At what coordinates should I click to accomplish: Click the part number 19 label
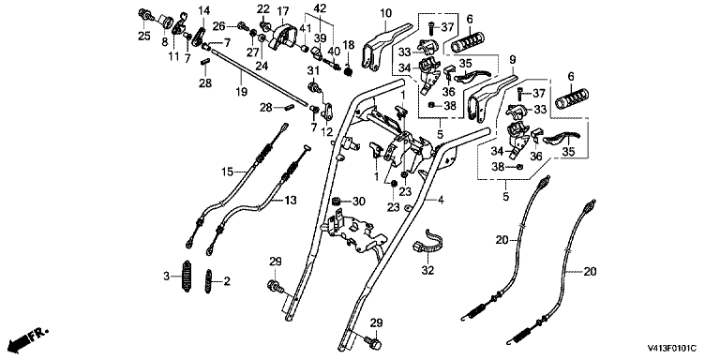point(242,92)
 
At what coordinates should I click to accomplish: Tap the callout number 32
point(427,271)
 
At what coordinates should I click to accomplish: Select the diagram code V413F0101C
point(672,350)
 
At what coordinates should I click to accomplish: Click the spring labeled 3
point(187,275)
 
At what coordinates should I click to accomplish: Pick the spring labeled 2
point(209,280)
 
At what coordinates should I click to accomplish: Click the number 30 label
point(358,202)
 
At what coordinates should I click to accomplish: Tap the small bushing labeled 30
point(337,201)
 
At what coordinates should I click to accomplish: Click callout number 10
point(384,13)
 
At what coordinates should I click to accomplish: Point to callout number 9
point(513,59)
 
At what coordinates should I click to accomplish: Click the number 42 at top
point(320,7)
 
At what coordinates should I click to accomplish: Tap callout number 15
point(227,172)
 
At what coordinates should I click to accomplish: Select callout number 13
point(291,201)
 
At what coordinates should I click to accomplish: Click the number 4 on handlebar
point(441,200)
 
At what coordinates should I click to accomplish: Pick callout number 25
point(144,37)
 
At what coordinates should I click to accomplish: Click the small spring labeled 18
point(348,70)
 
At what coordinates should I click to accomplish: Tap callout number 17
point(283,10)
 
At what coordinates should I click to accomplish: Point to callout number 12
point(326,132)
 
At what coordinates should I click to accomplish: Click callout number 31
point(313,70)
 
